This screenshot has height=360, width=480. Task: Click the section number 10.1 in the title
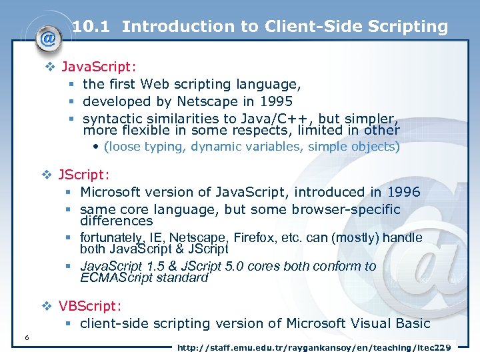click(x=93, y=27)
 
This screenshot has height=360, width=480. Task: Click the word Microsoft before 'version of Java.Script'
click(x=111, y=192)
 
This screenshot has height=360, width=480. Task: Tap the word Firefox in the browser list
click(x=272, y=237)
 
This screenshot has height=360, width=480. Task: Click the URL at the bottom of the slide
click(x=313, y=348)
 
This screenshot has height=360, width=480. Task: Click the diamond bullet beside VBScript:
click(x=47, y=307)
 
